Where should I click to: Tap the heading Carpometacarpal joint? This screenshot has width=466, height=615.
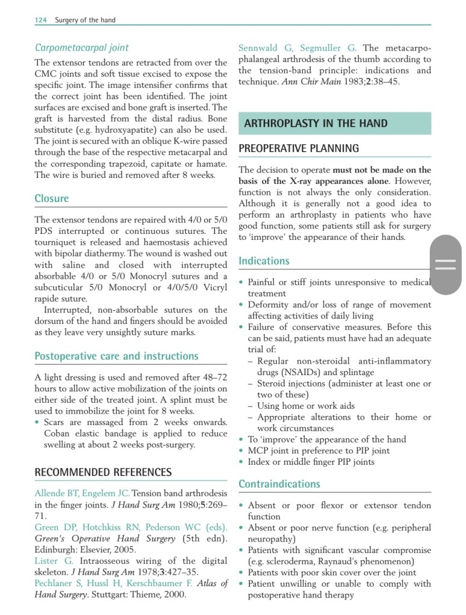point(81,47)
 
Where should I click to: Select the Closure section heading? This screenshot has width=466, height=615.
point(52,198)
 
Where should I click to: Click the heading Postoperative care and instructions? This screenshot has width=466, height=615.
point(116,356)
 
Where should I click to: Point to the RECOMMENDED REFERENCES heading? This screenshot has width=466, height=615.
point(103,472)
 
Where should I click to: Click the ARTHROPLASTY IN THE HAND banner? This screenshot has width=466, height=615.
point(315,123)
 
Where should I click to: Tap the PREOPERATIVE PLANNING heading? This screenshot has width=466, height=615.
point(299,148)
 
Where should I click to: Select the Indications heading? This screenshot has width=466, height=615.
point(264,261)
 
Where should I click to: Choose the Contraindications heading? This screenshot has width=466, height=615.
point(279,483)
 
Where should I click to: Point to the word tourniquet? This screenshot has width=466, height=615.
point(59,242)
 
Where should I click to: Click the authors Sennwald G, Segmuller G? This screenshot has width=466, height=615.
point(297,48)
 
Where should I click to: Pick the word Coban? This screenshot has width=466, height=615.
point(58,434)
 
